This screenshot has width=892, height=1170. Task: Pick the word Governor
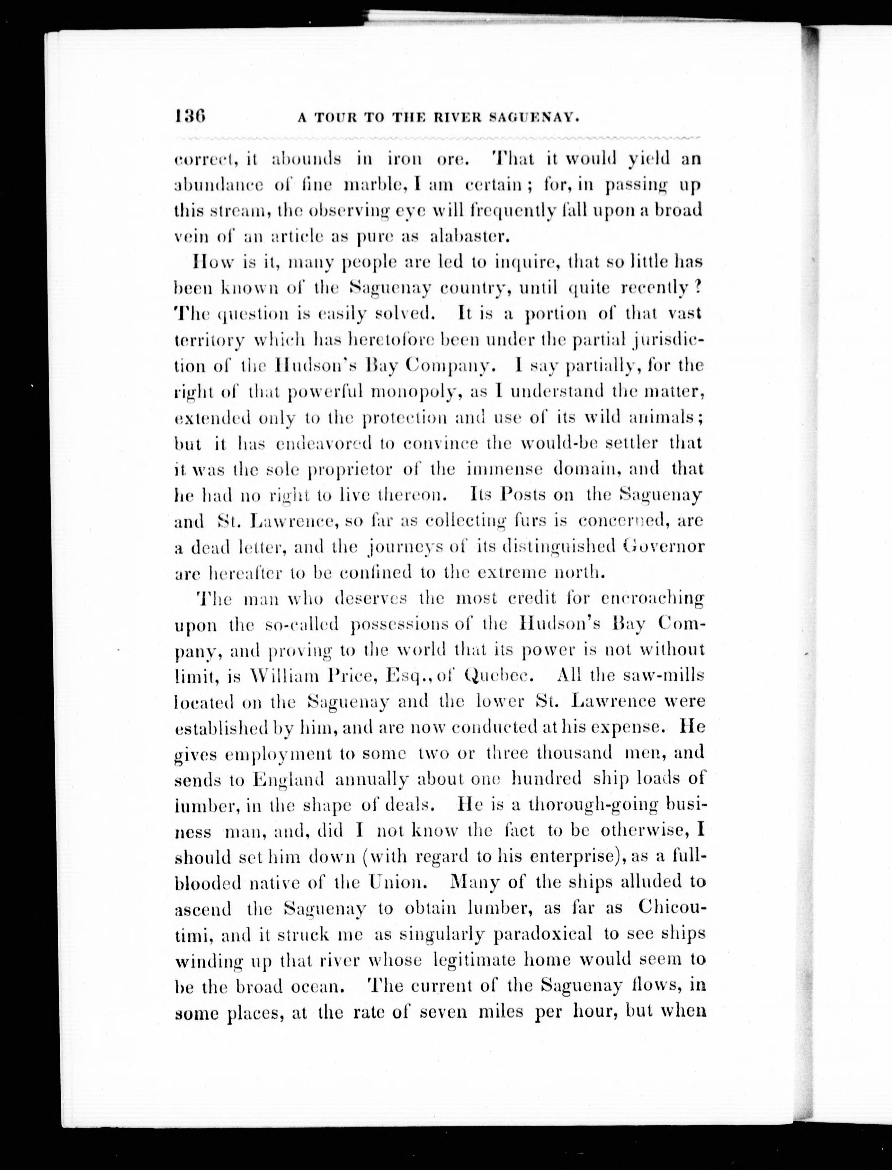664,546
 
